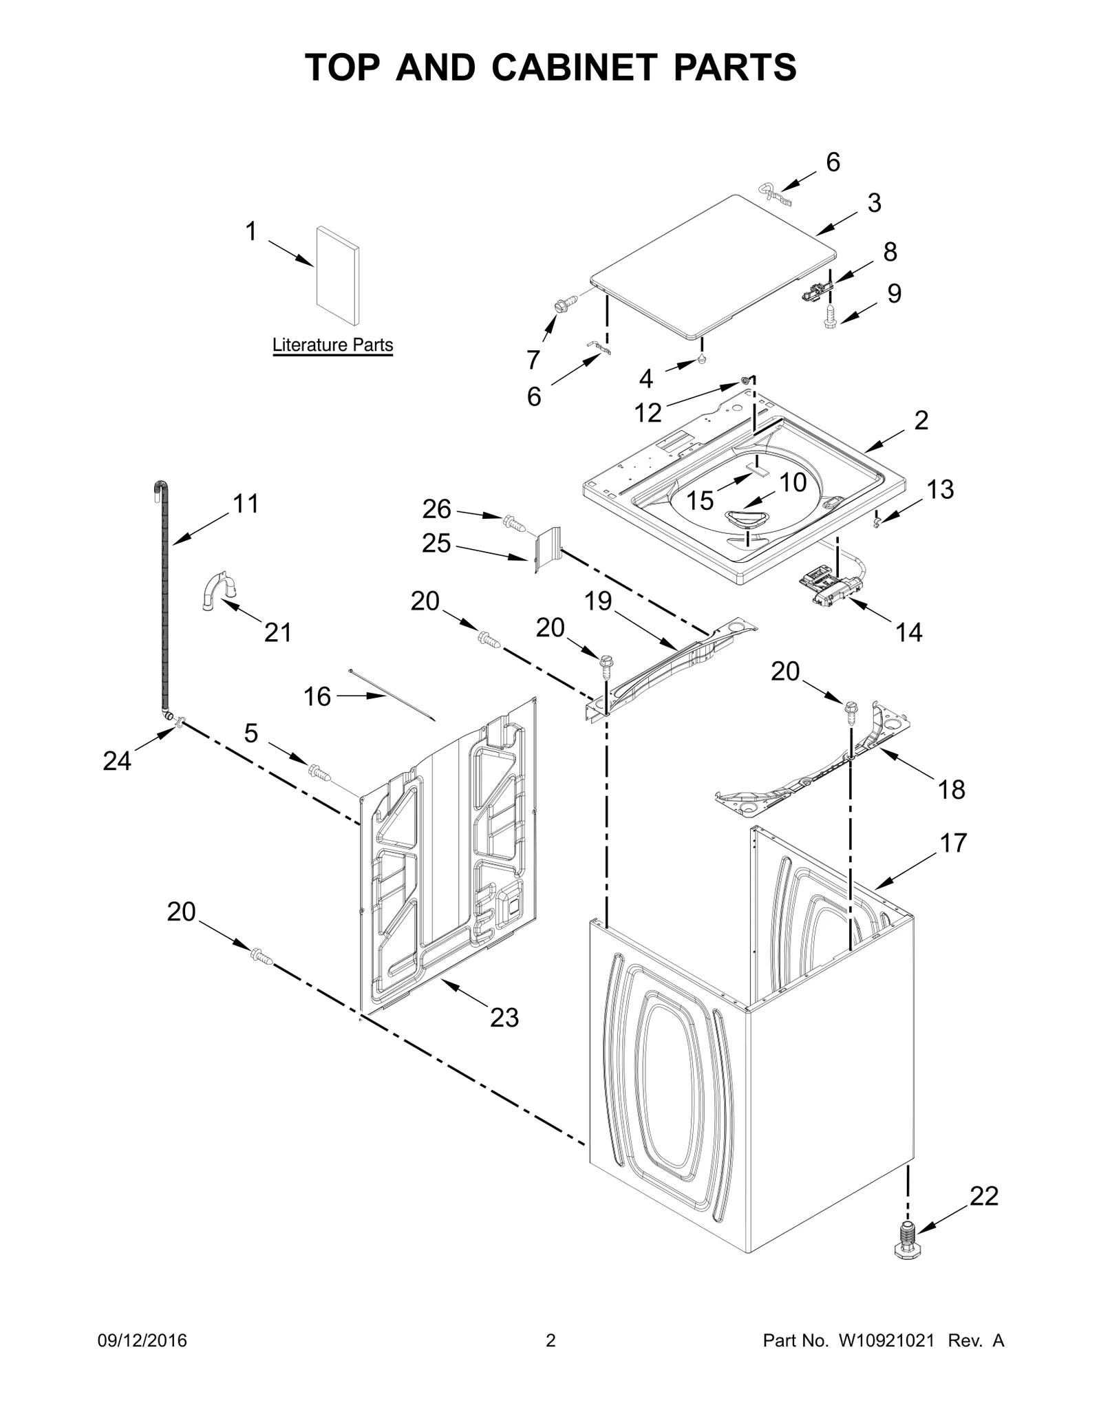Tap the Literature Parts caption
(x=332, y=345)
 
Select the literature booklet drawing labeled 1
(x=336, y=275)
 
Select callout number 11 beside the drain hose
(x=246, y=504)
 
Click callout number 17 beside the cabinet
(x=953, y=842)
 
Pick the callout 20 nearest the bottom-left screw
(x=182, y=912)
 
